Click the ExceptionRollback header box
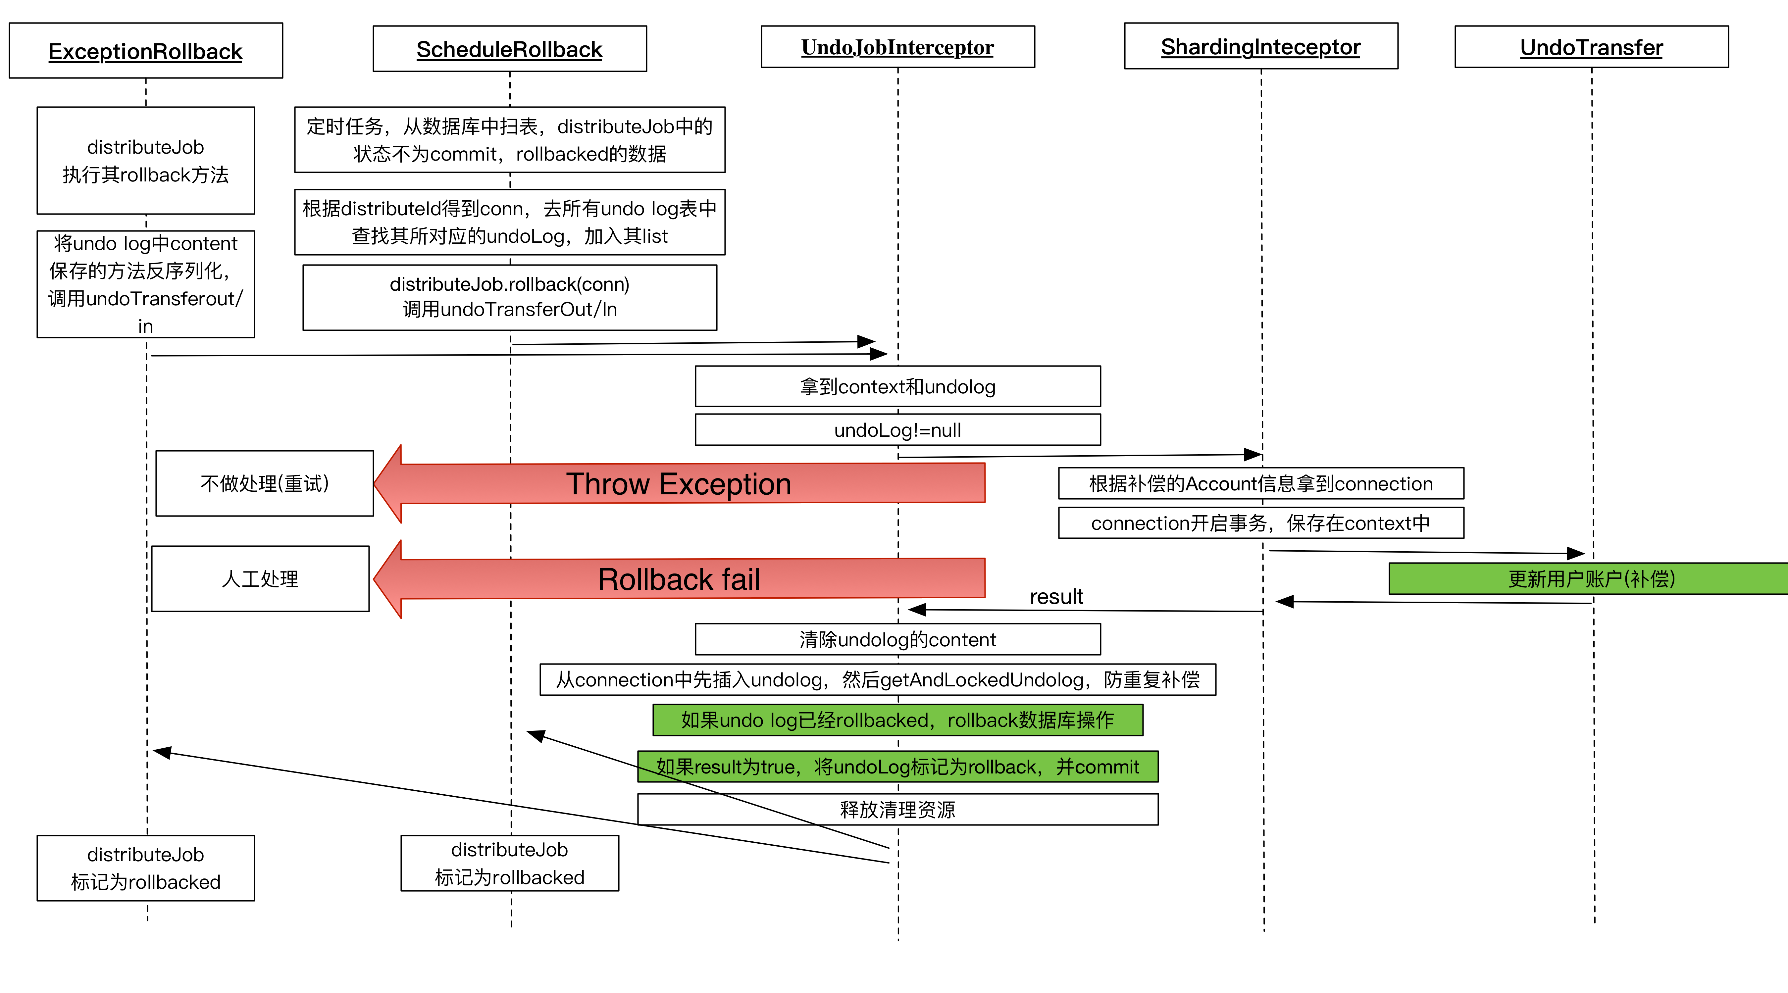tap(146, 51)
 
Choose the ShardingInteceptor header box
tap(1260, 46)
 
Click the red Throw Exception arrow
tap(679, 484)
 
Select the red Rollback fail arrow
tap(679, 579)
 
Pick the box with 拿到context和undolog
tap(897, 386)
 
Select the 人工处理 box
tap(260, 579)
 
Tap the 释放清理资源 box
tap(897, 809)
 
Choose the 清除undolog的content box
tap(897, 639)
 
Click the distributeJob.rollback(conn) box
tap(509, 297)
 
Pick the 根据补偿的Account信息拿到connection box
tap(1260, 484)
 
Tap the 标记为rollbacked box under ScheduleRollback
tap(509, 863)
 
